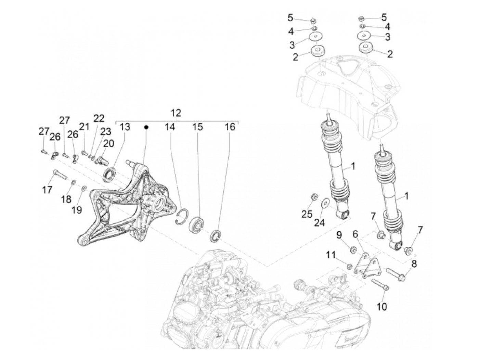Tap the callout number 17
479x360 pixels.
click(x=47, y=189)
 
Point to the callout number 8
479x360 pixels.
click(x=414, y=264)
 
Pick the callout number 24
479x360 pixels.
click(x=319, y=223)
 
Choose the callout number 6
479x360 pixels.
click(x=355, y=234)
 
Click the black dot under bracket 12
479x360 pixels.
click(x=146, y=127)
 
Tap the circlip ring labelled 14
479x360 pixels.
click(x=184, y=217)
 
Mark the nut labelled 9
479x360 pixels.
click(x=353, y=249)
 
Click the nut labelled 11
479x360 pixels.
click(x=349, y=266)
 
